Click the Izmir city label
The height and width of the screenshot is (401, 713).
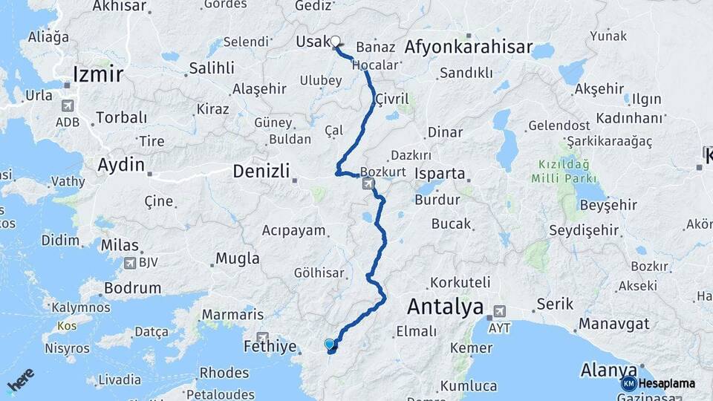[x=97, y=74]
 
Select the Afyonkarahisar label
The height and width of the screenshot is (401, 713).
[x=469, y=48]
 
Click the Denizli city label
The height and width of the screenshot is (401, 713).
[x=261, y=170]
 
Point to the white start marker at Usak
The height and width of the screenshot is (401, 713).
[x=335, y=42]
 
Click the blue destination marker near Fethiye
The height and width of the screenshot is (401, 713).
[x=330, y=344]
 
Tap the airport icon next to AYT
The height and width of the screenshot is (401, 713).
[x=499, y=310]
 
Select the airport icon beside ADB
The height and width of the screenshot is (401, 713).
[x=69, y=106]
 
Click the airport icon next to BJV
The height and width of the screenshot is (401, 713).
[x=131, y=262]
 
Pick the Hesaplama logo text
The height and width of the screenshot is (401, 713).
[x=662, y=383]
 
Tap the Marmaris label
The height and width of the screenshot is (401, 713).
[x=232, y=314]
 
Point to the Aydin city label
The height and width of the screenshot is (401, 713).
[x=121, y=164]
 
